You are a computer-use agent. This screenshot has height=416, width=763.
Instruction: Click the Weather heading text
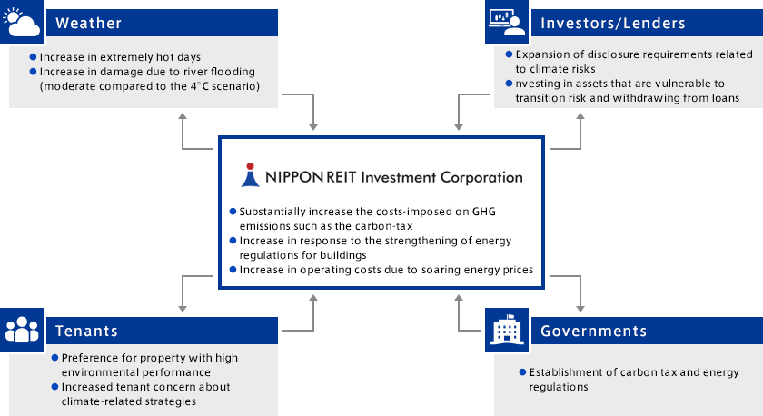pos(89,23)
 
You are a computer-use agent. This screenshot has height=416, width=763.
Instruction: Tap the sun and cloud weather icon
pos(22,22)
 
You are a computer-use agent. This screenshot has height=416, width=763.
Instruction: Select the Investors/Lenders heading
pos(612,23)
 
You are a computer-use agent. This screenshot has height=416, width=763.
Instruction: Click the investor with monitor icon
pos(507,22)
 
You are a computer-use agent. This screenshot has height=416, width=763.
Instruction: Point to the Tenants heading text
pos(86,331)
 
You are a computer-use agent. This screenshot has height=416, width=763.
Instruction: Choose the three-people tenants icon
pos(22,330)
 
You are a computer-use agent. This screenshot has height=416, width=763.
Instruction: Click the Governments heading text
pos(594,331)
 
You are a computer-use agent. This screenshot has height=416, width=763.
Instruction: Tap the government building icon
pos(507,330)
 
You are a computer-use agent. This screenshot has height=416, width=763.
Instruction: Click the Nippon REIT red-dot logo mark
pos(250,174)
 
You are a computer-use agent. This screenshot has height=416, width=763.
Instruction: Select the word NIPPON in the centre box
pos(294,177)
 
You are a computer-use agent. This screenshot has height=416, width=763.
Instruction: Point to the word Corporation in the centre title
pos(481,178)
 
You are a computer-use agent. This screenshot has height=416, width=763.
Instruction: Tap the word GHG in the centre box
pos(483,212)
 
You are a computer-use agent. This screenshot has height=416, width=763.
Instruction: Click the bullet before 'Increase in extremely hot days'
pos(33,57)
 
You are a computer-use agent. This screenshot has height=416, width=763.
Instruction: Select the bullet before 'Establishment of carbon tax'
pos(522,372)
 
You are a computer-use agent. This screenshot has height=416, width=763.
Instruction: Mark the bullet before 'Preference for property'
pos(55,358)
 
